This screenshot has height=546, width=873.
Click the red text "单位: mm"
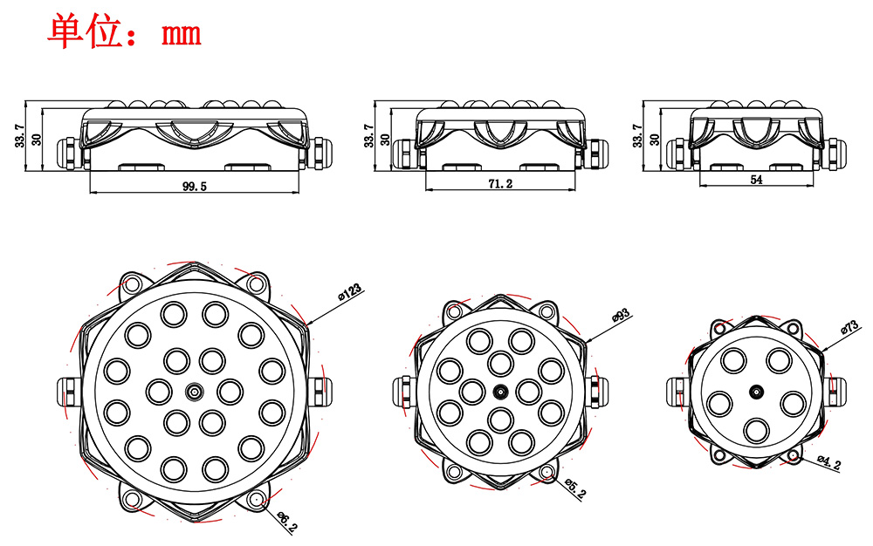click(124, 32)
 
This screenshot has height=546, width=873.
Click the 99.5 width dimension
click(195, 187)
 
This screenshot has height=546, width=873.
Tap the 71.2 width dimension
click(500, 183)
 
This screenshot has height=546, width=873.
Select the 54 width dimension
click(756, 180)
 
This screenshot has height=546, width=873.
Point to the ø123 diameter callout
click(350, 292)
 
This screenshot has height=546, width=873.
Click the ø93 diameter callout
click(621, 315)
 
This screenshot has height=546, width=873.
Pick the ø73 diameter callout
click(850, 326)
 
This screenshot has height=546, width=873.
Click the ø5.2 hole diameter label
click(575, 488)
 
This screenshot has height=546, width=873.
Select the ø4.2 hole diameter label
click(829, 462)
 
